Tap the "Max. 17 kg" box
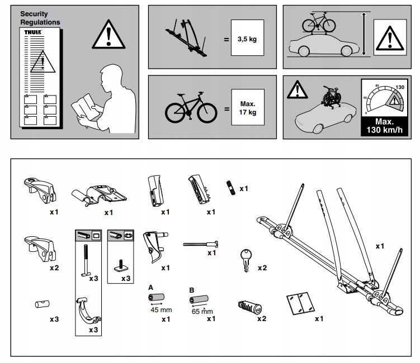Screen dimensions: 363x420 [x=248, y=108]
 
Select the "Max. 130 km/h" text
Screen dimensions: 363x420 [x=385, y=126]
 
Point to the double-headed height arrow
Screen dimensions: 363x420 [x=364, y=35]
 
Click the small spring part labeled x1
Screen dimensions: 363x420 [x=229, y=188]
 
